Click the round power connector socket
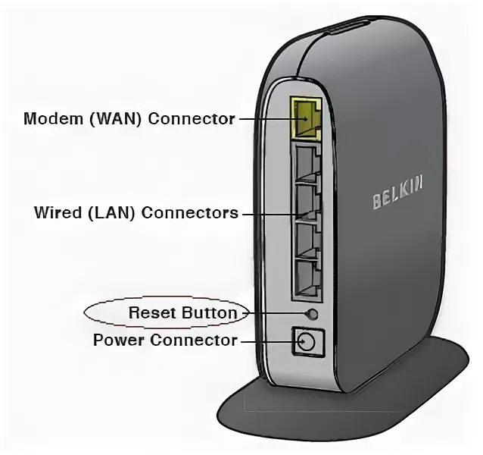(307, 342)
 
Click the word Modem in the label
(46, 119)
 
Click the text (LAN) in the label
(111, 213)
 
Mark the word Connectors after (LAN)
(193, 213)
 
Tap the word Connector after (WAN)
(192, 119)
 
